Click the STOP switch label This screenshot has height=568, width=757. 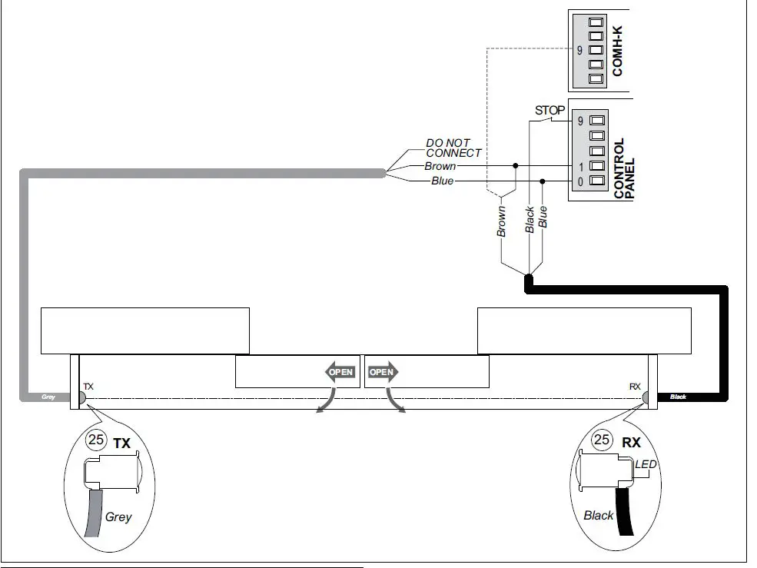(x=549, y=111)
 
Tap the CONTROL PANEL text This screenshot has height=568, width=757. (x=624, y=169)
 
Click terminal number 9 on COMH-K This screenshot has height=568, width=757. (x=579, y=51)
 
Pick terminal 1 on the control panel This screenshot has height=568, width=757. (x=579, y=166)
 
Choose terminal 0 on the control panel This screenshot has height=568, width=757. (x=579, y=181)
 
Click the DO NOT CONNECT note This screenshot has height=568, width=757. (x=453, y=148)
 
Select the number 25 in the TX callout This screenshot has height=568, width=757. (x=97, y=442)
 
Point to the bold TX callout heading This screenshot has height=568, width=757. (x=121, y=443)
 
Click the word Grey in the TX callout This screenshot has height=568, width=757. (x=118, y=517)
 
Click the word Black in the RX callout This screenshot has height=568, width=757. (x=598, y=515)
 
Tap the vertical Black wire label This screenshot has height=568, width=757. (x=530, y=220)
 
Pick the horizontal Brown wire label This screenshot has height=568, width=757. (x=440, y=166)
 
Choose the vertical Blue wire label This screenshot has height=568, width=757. (x=543, y=218)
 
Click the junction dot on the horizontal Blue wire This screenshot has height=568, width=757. (x=543, y=181)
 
